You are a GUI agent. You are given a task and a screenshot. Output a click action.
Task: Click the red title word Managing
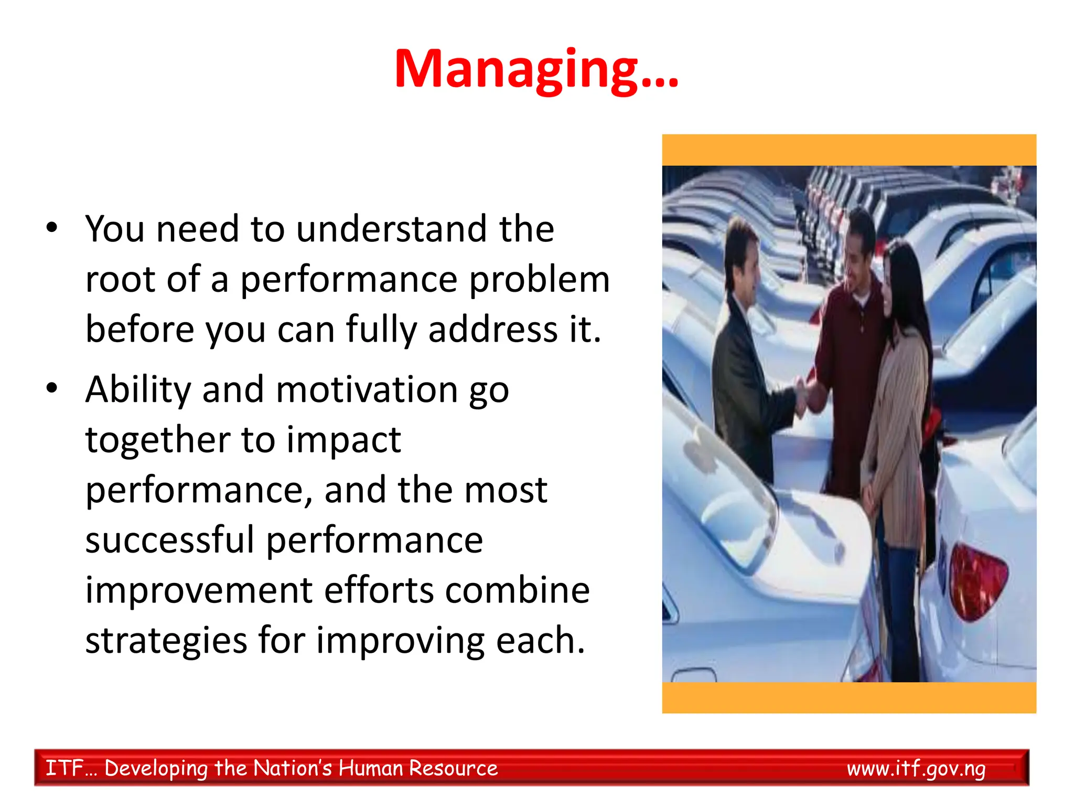(x=536, y=69)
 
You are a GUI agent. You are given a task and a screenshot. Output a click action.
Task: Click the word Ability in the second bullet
(x=138, y=390)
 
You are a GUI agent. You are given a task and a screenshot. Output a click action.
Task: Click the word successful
(x=169, y=540)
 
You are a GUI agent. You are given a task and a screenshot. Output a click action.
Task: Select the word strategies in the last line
(x=166, y=640)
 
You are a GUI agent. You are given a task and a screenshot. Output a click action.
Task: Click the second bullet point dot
(x=51, y=388)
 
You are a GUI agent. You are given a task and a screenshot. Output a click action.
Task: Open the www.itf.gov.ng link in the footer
(x=916, y=768)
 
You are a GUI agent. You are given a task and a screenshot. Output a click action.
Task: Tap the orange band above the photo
(x=849, y=150)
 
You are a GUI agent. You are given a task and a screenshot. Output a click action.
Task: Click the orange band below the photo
(x=849, y=697)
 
